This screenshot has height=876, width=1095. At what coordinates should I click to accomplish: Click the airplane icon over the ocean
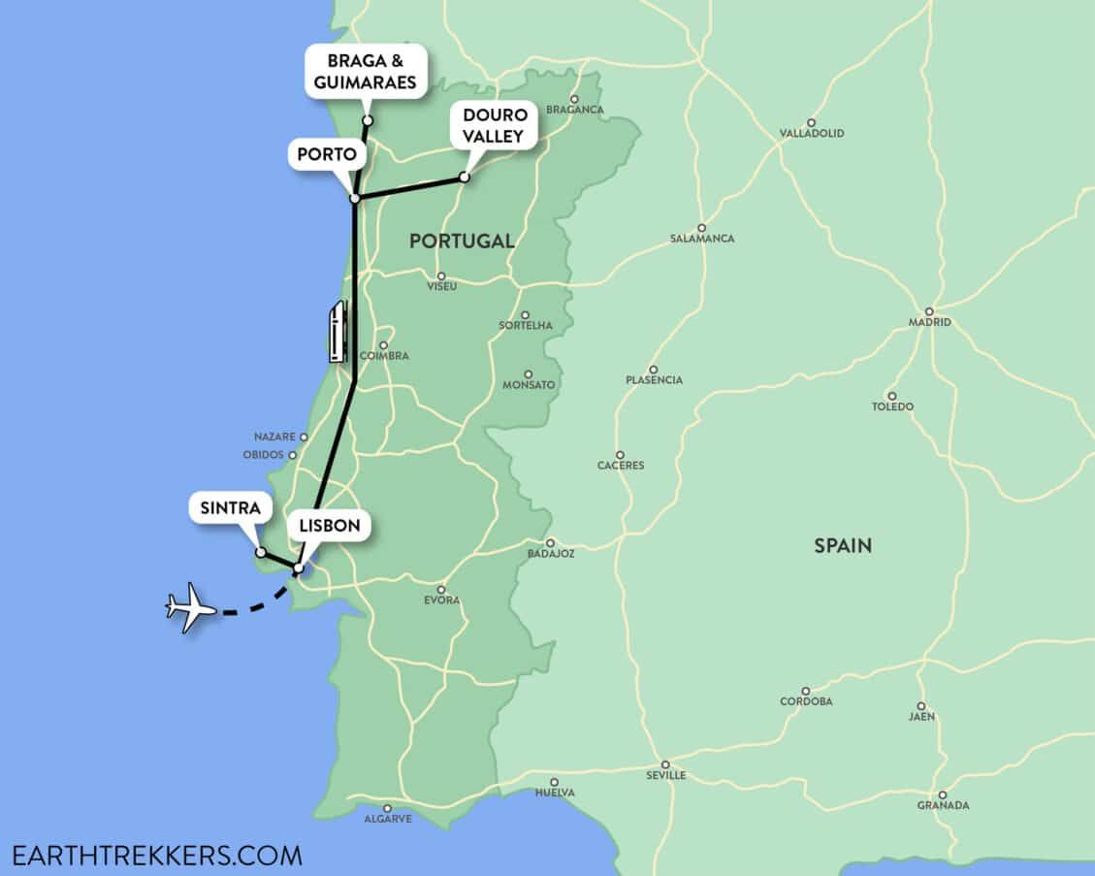pyautogui.click(x=191, y=607)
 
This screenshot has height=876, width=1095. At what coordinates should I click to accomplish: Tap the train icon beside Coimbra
pyautogui.click(x=337, y=332)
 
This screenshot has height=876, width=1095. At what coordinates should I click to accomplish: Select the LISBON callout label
pyautogui.click(x=329, y=527)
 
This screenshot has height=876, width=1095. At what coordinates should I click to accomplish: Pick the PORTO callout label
pyautogui.click(x=326, y=154)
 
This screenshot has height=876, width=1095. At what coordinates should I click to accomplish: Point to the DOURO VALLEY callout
pyautogui.click(x=492, y=126)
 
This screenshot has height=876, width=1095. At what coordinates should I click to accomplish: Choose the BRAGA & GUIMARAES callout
pyautogui.click(x=366, y=71)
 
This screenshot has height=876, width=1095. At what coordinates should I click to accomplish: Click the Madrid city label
pyautogui.click(x=929, y=322)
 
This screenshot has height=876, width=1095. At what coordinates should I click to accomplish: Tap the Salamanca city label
pyautogui.click(x=702, y=239)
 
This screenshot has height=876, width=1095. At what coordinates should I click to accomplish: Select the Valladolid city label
pyautogui.click(x=812, y=133)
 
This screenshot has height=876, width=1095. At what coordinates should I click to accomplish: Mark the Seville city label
pyautogui.click(x=665, y=775)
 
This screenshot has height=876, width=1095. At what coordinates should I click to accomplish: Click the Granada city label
pyautogui.click(x=943, y=805)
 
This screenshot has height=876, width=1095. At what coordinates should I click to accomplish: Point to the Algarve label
pyautogui.click(x=387, y=819)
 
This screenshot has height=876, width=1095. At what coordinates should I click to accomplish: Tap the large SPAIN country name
pyautogui.click(x=842, y=546)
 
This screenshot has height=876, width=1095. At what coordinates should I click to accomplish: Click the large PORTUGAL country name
pyautogui.click(x=462, y=242)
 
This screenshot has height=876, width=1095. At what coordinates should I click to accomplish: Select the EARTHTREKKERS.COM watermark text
pyautogui.click(x=157, y=856)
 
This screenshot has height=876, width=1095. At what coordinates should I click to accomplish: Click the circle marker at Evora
pyautogui.click(x=441, y=589)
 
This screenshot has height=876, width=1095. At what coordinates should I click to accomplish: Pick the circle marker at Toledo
pyautogui.click(x=891, y=395)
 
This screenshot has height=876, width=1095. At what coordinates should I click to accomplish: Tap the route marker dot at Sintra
pyautogui.click(x=260, y=552)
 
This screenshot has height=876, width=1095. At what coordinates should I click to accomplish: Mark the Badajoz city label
pyautogui.click(x=551, y=554)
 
